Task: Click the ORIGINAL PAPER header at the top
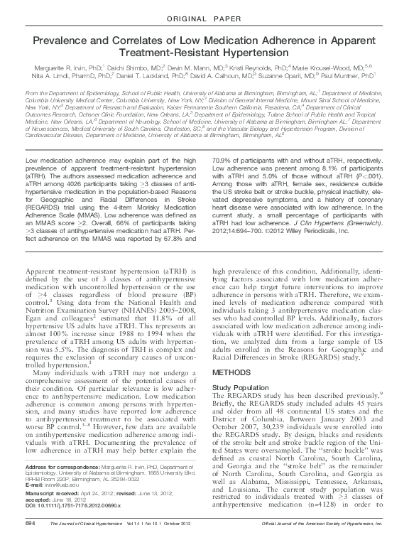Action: pos(204,16)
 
